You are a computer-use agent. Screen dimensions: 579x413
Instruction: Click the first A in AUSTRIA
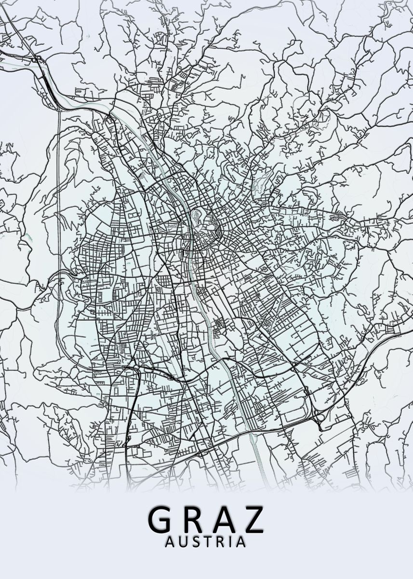tap(170, 542)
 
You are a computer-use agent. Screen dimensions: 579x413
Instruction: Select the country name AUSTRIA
tap(205, 542)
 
